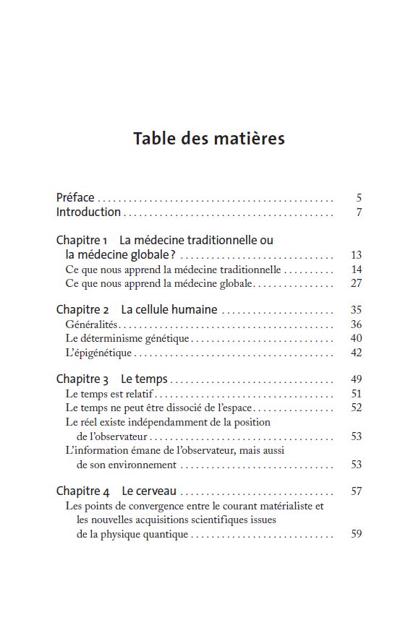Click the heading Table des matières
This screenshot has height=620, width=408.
[x=209, y=138]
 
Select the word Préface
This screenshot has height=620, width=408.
[x=75, y=197]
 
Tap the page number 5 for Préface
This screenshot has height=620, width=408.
[x=359, y=198]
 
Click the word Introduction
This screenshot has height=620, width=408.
[x=88, y=212]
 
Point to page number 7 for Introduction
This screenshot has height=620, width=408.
[x=359, y=212]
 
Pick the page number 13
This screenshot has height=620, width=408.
[x=356, y=255]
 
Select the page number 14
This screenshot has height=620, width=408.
[x=356, y=270]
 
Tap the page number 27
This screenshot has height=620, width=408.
[x=356, y=284]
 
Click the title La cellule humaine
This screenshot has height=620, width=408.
[x=169, y=309]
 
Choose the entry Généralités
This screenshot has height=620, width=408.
[x=92, y=324]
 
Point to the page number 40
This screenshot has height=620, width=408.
[x=356, y=338]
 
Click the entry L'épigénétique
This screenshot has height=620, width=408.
[x=99, y=353]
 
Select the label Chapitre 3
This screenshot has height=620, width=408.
[x=82, y=379]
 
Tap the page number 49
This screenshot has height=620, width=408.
[x=356, y=379]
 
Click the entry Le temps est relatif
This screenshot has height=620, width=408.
[x=110, y=394]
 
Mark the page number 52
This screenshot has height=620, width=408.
[x=356, y=408]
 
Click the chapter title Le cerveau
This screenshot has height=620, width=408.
[x=149, y=491]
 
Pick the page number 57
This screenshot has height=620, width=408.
[x=356, y=491]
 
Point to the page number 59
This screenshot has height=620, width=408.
[x=356, y=535]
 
